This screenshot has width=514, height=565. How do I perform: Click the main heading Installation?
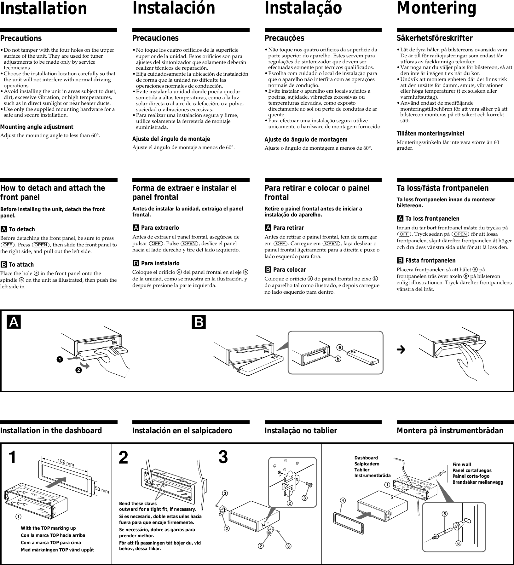coord(43,9)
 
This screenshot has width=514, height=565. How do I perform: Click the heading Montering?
coord(436,9)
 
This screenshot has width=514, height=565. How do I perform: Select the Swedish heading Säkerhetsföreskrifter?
coord(434,38)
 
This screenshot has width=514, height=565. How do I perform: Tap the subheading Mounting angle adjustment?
coord(37,127)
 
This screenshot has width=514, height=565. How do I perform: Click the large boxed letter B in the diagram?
coord(199,322)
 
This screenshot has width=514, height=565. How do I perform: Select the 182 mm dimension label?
coord(66,463)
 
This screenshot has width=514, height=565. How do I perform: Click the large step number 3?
coord(223,458)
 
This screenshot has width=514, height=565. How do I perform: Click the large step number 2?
coord(123,458)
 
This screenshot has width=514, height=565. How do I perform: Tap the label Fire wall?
coord(462,464)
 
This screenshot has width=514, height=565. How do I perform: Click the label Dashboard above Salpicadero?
coord(366,458)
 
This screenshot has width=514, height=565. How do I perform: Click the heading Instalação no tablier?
coord(301,431)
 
